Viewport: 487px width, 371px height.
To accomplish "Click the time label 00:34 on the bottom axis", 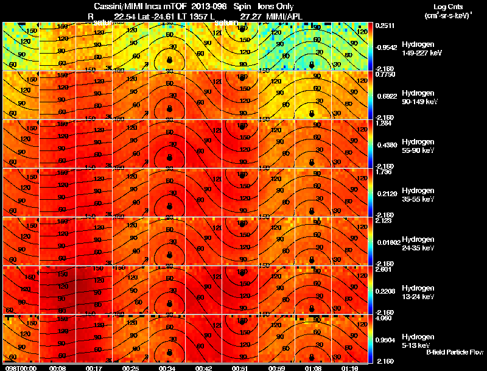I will click(167, 368).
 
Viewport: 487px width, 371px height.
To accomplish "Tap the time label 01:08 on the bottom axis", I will click(313, 368).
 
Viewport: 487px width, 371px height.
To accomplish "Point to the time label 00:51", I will click(240, 368).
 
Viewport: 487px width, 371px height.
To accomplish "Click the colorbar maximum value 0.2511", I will click(384, 26).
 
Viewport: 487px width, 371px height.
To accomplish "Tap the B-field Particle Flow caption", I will click(454, 353).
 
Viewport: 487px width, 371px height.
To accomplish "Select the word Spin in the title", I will click(234, 6).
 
